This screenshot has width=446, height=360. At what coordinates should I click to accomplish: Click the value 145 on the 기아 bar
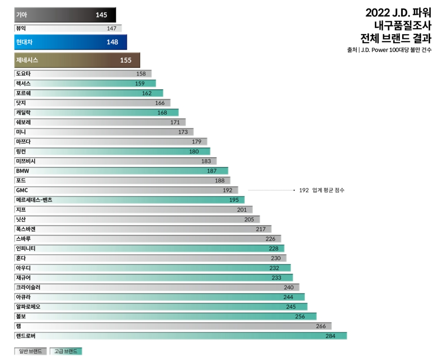101,15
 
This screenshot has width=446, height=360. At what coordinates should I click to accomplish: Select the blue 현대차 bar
70,42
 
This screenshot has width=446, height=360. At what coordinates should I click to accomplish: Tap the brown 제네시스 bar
77,60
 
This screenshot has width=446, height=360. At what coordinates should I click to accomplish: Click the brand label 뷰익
21,28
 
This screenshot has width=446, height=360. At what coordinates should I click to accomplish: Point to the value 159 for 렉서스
140,84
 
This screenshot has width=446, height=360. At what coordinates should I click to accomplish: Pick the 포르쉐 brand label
23,93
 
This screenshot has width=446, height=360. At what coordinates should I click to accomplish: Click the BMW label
22,171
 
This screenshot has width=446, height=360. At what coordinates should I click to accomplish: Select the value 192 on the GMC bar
227,190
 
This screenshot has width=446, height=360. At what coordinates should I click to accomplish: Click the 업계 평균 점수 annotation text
328,190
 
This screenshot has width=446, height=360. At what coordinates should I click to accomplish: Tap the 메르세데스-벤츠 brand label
34,200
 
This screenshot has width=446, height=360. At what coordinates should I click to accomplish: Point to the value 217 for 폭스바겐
261,229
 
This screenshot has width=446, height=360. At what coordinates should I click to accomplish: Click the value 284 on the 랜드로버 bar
330,336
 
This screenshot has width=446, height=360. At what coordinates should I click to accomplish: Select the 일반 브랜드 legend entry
31,351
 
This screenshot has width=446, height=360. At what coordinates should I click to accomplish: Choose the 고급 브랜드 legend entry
66,351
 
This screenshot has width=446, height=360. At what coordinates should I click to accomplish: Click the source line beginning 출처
389,50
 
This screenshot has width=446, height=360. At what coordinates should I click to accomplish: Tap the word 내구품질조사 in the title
402,26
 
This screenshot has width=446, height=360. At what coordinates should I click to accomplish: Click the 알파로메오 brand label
28,307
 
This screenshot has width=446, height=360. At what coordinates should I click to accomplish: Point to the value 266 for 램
321,327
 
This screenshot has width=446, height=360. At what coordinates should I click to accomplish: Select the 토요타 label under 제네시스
23,74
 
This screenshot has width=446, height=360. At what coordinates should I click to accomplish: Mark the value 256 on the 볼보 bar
300,317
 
